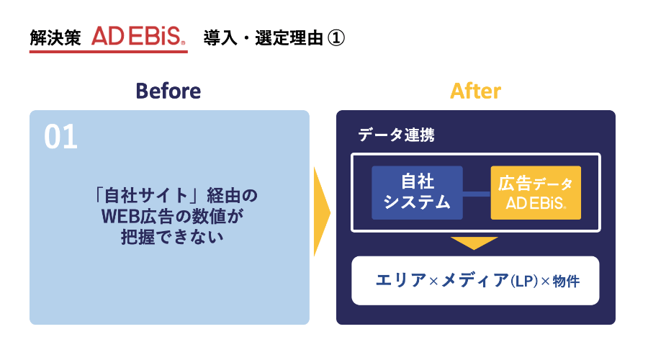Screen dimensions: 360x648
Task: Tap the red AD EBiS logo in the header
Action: [x=139, y=37]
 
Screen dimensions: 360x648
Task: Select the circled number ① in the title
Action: [x=337, y=37]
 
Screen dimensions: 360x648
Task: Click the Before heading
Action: [x=168, y=91]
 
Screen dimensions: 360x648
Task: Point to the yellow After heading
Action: [x=475, y=91]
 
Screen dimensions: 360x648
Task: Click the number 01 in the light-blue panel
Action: [x=60, y=138]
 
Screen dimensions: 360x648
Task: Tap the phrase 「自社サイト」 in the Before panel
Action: [x=145, y=195]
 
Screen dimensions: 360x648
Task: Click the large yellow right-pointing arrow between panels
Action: [x=321, y=212]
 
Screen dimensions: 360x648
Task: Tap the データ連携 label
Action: [x=396, y=135]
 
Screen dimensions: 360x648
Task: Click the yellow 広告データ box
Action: [x=536, y=192]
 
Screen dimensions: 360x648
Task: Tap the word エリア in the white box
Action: [x=401, y=281]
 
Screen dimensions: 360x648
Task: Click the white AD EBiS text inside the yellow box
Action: [x=536, y=203]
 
